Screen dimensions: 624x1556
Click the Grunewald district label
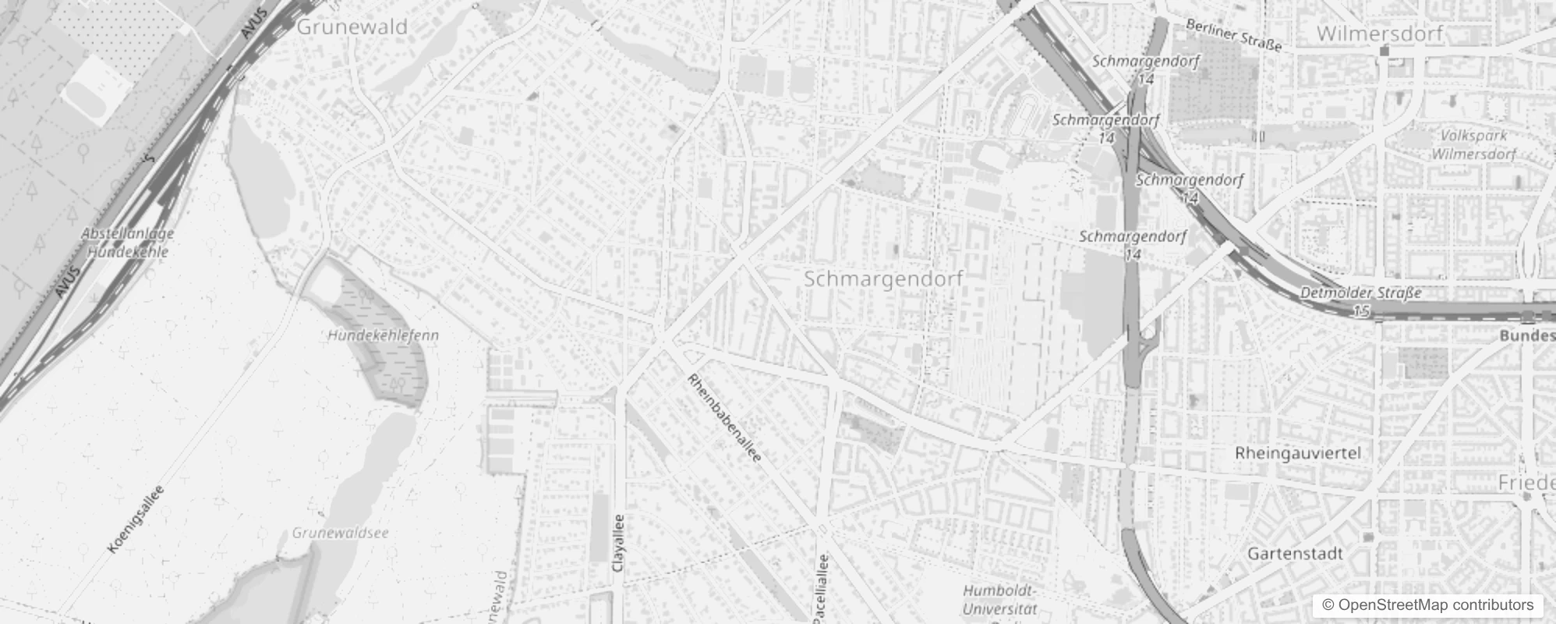coord(352,27)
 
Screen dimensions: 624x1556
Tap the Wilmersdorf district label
coord(1380,34)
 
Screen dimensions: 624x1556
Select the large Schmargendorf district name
coord(883,278)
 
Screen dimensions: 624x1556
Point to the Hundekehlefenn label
coord(383,335)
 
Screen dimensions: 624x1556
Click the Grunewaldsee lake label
coord(340,534)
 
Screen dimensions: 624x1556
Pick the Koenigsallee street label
coord(136,519)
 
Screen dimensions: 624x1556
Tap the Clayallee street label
coord(619,543)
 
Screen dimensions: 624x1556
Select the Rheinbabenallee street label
coord(723,418)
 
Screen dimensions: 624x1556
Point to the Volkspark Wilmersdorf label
coord(1473,145)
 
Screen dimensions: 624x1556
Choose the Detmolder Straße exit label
coord(1360,293)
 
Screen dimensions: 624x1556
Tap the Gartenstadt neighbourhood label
coord(1295,554)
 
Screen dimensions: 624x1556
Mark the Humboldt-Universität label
coord(999,600)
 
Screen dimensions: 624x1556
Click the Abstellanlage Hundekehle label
coord(128,242)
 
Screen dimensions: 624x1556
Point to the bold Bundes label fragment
coord(1527,335)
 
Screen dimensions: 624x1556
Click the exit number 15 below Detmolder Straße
coord(1360,311)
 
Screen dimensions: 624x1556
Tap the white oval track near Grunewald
coord(97,90)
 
